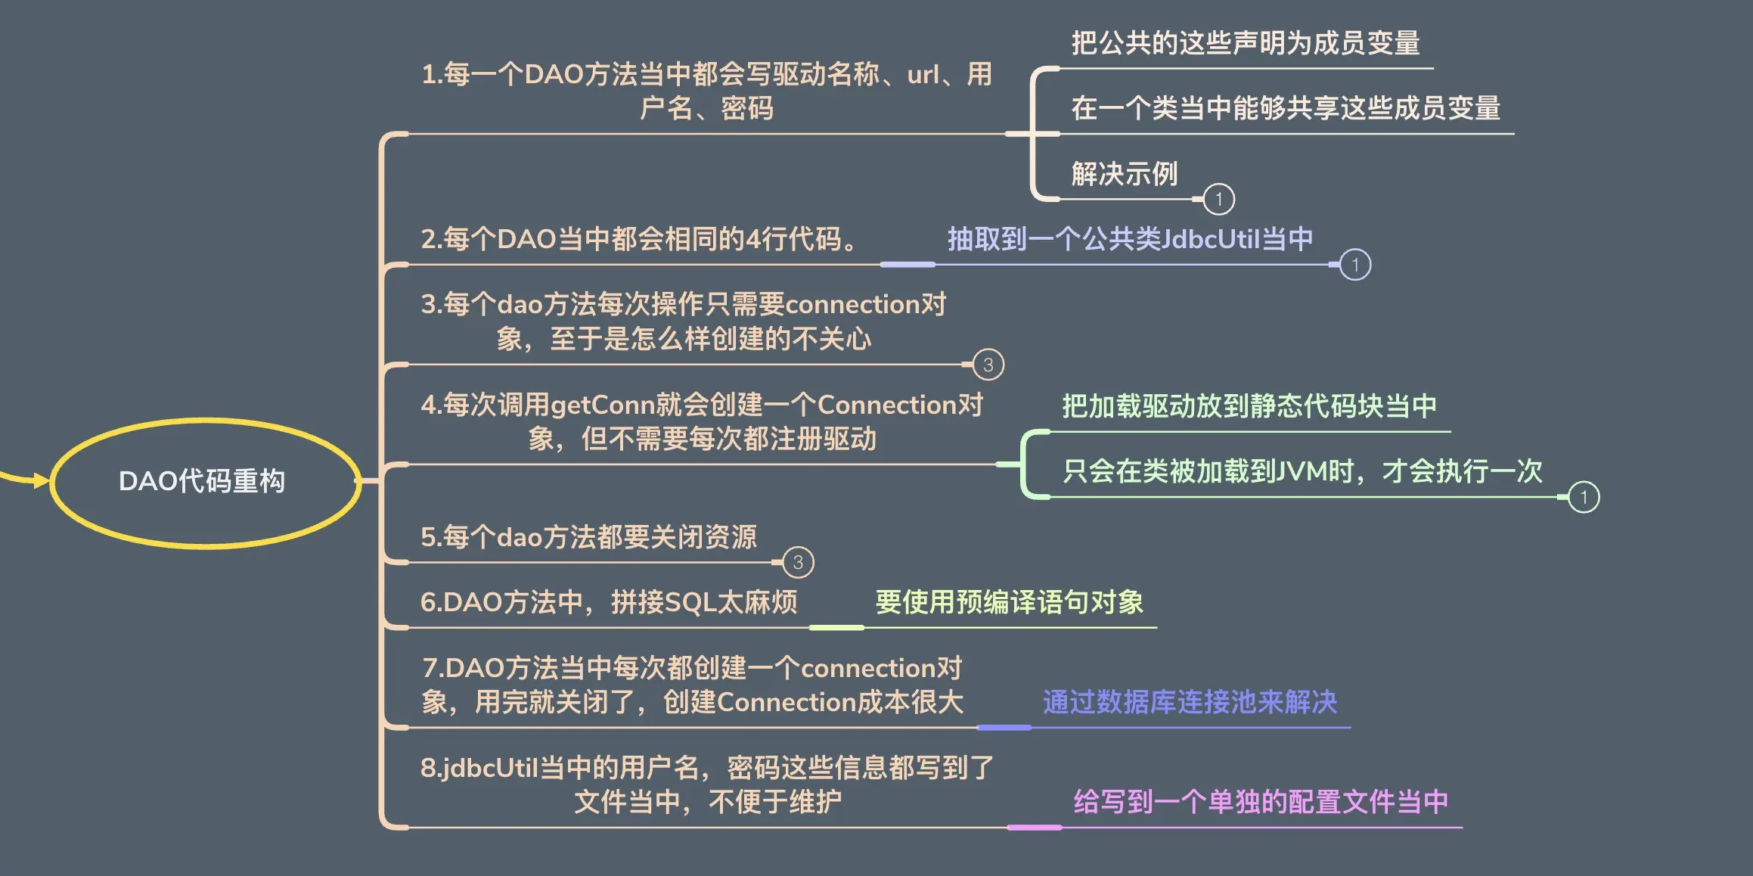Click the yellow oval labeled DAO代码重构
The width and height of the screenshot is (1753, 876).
coord(203,482)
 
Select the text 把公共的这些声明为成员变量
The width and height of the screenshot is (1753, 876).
coord(1246,43)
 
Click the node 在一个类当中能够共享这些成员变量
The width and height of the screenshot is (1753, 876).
coord(1286,108)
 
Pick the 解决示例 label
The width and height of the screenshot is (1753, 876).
coord(1125,174)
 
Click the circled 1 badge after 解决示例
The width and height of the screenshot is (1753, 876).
coord(1218,200)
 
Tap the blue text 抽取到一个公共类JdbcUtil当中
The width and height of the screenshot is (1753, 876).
coord(1130,239)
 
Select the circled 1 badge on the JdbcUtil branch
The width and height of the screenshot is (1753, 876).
coord(1354,265)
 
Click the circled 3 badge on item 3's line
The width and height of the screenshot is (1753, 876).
coord(988,365)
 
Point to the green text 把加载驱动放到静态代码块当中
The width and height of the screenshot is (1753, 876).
coord(1249,406)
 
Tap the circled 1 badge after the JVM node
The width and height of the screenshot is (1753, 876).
coord(1584,497)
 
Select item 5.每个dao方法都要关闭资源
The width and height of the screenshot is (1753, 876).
coord(588,537)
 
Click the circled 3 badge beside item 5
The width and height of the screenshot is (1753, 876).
coord(798,563)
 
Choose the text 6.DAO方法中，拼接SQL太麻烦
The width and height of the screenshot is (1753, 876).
coord(609,602)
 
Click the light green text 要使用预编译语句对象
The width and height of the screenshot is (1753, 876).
coord(1009,602)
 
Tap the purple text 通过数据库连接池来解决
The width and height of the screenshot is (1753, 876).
coord(1190,702)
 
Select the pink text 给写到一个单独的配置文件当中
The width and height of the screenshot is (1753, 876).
coord(1261,802)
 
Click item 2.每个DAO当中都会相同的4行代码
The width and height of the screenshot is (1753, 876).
coord(639,239)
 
